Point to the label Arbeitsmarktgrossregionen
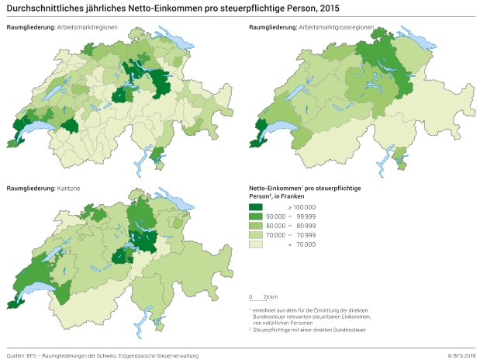(337, 27)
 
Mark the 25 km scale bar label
(269, 297)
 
